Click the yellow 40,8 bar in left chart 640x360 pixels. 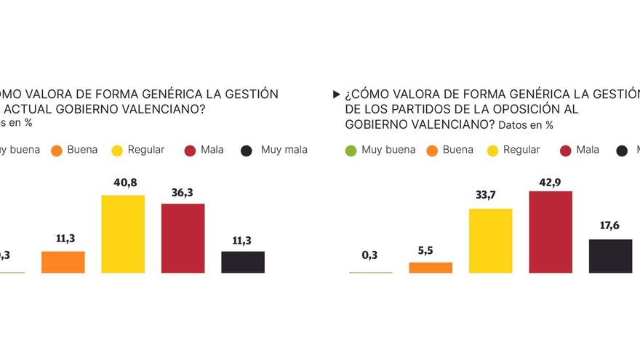point(122,233)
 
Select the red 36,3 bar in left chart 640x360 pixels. point(183,238)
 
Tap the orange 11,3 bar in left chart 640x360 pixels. point(63,262)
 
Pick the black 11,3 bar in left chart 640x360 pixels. point(242,262)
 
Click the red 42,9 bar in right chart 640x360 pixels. point(551,232)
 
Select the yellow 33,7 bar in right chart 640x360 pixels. point(490,241)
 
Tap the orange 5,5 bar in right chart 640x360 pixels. point(431,268)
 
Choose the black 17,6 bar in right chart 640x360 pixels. point(610,256)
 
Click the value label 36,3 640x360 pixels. point(183,192)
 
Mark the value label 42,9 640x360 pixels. point(551,179)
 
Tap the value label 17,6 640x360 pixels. point(610,226)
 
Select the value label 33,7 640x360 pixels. point(490,196)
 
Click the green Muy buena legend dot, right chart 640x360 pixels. point(350,151)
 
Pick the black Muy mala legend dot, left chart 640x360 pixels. point(247,151)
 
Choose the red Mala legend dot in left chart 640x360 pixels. point(189,151)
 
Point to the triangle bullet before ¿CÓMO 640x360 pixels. point(335,95)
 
